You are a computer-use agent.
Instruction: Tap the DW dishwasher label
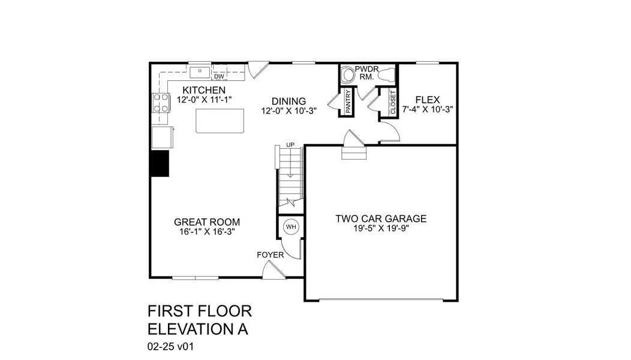[219, 76]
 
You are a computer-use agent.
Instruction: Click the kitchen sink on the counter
[200, 73]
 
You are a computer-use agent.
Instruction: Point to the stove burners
[160, 103]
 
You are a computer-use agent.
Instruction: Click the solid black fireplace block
[160, 163]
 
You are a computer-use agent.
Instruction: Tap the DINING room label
[289, 101]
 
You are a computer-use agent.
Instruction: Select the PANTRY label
[347, 103]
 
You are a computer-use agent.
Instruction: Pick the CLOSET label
[393, 103]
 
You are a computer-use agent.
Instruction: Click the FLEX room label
[428, 100]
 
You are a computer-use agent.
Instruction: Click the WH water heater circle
[291, 227]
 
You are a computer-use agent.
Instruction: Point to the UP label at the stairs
[290, 145]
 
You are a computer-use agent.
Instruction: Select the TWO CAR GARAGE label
[381, 218]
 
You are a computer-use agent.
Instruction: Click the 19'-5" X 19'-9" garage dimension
[381, 229]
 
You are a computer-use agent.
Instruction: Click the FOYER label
[270, 255]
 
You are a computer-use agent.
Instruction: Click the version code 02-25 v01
[171, 346]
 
